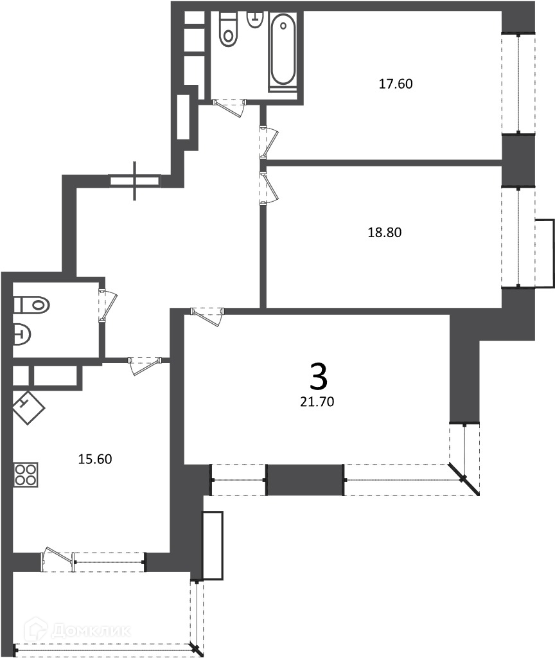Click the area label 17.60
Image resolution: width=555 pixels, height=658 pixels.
pos(396,84)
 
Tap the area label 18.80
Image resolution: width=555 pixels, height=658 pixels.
pos(385,232)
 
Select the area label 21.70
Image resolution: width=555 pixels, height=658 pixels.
pos(317,402)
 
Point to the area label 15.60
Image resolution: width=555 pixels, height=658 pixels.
pos(95,459)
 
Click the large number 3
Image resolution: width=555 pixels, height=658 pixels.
pos(319,377)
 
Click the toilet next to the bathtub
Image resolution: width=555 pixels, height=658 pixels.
pos(229,29)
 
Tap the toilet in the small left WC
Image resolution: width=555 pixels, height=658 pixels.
pos(31,304)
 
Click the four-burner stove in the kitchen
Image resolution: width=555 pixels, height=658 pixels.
pos(26,475)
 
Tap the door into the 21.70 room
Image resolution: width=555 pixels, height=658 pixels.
pos(207,316)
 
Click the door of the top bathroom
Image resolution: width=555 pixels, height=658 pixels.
pos(229,107)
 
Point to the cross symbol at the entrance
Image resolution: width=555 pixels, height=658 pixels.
pos(135,181)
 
